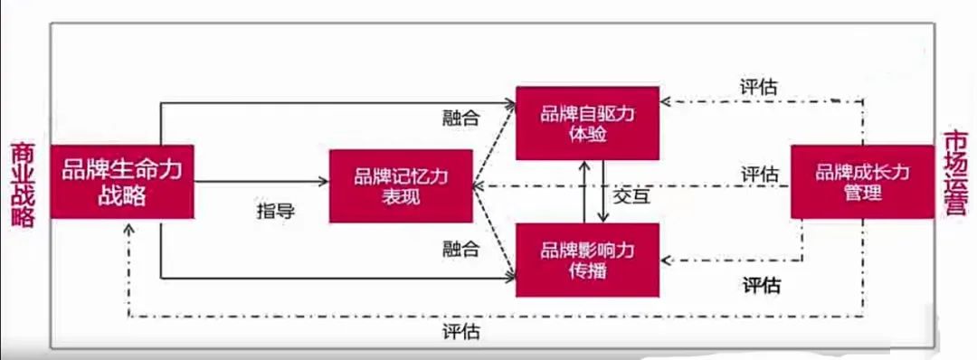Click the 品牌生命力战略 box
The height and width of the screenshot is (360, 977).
(122, 181)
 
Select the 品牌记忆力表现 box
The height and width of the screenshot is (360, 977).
(400, 186)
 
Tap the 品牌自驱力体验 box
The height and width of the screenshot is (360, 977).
(587, 123)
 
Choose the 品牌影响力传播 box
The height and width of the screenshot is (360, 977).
(587, 260)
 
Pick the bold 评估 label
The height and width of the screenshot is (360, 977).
(762, 286)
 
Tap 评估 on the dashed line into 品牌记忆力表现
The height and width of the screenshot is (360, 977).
(761, 174)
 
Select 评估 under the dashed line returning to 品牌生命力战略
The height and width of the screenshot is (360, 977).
(461, 330)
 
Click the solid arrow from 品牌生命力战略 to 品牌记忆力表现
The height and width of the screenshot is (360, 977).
(262, 182)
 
